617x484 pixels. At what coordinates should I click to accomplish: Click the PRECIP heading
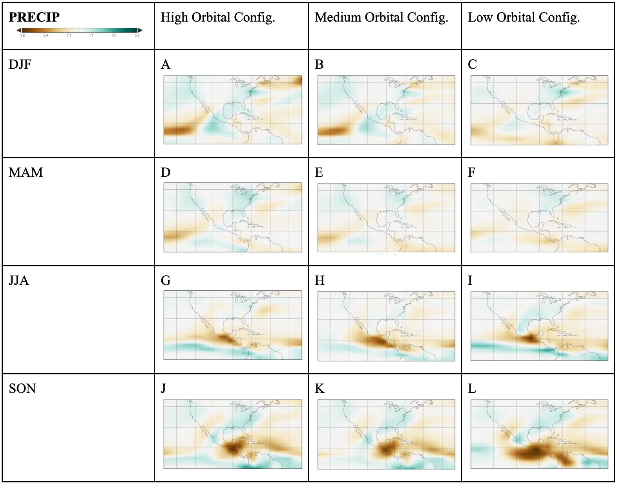coord(34,17)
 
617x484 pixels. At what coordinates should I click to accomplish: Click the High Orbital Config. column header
coord(218,17)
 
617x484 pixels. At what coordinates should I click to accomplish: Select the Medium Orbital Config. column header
coord(381,17)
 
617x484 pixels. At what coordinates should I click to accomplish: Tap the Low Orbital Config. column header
coord(524,17)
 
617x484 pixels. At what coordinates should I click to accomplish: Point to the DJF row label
coord(20,64)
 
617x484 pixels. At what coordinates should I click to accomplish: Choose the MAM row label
coord(26,172)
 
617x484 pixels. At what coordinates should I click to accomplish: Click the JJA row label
coord(19,280)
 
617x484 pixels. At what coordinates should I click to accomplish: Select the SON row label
coord(22,389)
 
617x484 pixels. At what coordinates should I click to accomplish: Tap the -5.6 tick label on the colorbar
coord(22,36)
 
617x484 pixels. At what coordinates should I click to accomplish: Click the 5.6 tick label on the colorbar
coord(137,36)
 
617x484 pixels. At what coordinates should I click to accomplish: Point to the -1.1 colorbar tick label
coord(68,36)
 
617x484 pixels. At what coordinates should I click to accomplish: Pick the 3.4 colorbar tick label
coord(114,36)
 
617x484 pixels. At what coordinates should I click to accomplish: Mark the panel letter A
coord(166,64)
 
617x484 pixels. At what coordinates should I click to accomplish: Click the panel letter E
coord(319,172)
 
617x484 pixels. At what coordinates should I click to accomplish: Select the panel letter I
coord(470,280)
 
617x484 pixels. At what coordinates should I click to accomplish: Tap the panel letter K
coord(319,389)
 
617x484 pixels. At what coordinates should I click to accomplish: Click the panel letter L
coord(472,389)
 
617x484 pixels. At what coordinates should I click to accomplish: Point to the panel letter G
coord(166,280)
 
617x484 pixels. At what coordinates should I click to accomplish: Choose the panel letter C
coord(472,64)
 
